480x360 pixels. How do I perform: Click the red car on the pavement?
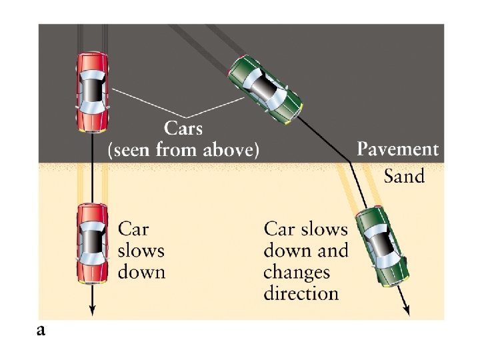click(x=92, y=92)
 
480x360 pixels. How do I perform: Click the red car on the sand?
click(x=92, y=243)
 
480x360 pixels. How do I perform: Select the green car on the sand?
click(x=382, y=246)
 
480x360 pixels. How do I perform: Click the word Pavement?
click(x=398, y=149)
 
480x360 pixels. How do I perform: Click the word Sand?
click(x=404, y=176)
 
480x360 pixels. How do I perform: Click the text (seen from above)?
click(x=183, y=151)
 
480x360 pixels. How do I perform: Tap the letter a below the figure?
click(x=41, y=330)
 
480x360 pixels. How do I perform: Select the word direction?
click(x=301, y=293)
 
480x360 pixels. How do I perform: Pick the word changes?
click(x=297, y=272)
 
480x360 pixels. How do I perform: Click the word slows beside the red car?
click(x=141, y=251)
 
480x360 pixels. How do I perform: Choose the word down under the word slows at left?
click(x=141, y=272)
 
